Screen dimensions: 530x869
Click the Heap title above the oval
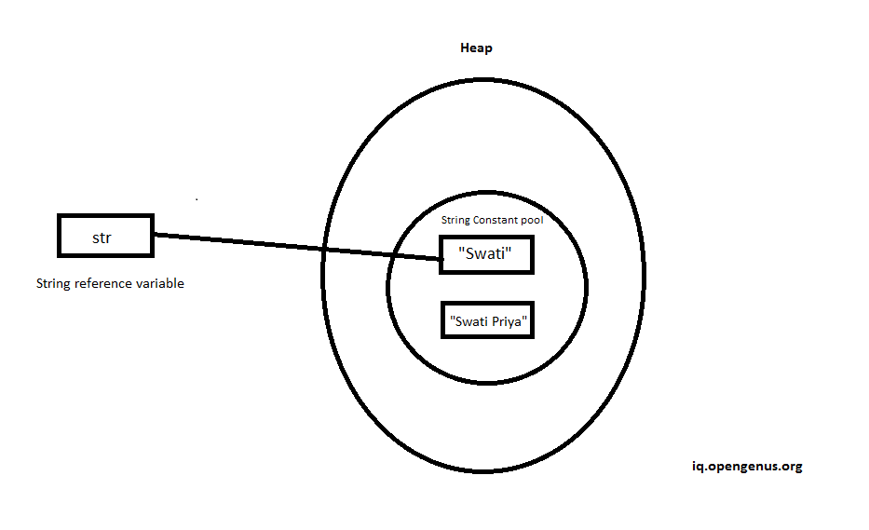pyautogui.click(x=477, y=48)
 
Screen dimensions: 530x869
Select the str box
pyautogui.click(x=104, y=236)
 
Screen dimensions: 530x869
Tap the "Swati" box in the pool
pyautogui.click(x=486, y=252)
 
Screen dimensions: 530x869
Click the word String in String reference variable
pyautogui.click(x=53, y=283)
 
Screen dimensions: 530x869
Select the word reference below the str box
pyautogui.click(x=103, y=283)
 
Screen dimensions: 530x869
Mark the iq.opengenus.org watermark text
pyautogui.click(x=741, y=467)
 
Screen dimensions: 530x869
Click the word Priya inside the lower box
pyautogui.click(x=508, y=321)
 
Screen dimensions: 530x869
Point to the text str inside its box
pyautogui.click(x=102, y=238)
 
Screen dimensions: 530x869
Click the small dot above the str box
pyautogui.click(x=197, y=198)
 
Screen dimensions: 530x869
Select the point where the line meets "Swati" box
pyautogui.click(x=441, y=260)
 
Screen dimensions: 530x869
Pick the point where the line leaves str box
pyautogui.click(x=153, y=235)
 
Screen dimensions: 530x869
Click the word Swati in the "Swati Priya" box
pyautogui.click(x=468, y=321)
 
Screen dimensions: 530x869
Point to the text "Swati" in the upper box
pyautogui.click(x=486, y=253)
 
